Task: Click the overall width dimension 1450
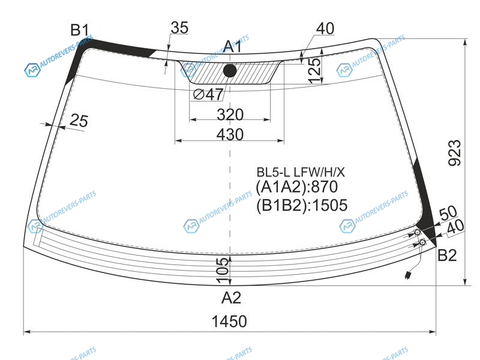point(229,322)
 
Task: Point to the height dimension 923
point(454,153)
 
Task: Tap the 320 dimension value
point(230,115)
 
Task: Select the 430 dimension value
point(230,134)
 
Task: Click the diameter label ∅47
point(208,94)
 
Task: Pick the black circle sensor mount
point(230,71)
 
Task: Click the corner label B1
point(80,31)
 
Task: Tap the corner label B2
point(447,254)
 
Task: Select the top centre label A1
point(232,47)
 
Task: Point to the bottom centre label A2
point(231,297)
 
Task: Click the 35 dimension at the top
point(179,28)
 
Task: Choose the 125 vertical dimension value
point(314,70)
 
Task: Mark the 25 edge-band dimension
point(79,121)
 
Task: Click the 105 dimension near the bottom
point(223,271)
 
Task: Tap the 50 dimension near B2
point(448,213)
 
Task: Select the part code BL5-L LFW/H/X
point(301,172)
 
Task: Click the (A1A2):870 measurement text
point(296,187)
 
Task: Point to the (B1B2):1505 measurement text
point(302,205)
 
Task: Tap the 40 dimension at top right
point(325,28)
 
